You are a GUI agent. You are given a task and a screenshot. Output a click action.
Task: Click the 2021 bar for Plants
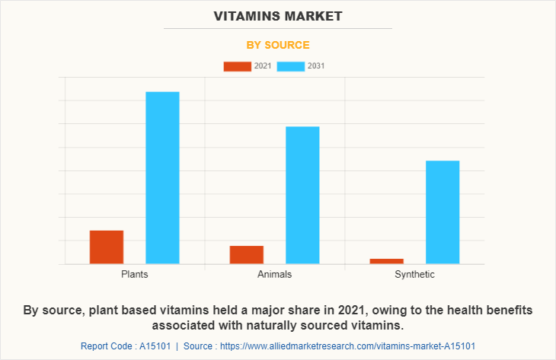[107, 247]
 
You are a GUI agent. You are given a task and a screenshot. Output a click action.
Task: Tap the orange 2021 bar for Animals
[247, 254]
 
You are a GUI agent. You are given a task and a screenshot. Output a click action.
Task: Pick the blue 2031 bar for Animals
[302, 195]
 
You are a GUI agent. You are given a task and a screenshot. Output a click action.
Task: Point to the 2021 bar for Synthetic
[386, 261]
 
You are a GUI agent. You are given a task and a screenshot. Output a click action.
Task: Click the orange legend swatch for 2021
[237, 66]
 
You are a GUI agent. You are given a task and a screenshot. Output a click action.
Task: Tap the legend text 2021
[263, 66]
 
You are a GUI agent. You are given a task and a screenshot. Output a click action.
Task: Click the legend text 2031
[316, 66]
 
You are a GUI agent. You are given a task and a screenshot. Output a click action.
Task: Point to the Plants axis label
[134, 274]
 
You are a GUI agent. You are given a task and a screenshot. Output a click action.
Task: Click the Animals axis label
[274, 274]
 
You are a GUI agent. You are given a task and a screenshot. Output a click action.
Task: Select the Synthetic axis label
[414, 274]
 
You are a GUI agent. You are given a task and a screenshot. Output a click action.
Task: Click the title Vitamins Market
[278, 15]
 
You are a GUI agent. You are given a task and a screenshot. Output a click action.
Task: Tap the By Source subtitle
[278, 45]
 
